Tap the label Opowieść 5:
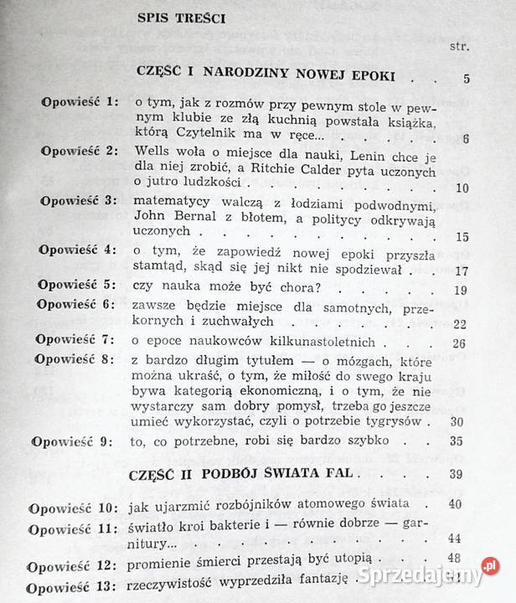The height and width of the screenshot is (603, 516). click(x=76, y=287)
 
